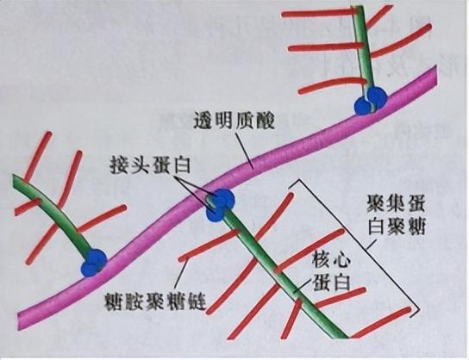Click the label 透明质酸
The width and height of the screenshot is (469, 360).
(234, 121)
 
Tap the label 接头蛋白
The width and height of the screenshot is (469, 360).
(150, 164)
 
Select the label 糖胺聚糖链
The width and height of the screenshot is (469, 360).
(155, 301)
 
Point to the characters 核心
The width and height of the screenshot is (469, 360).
(331, 259)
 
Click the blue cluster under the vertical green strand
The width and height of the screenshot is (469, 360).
(371, 101)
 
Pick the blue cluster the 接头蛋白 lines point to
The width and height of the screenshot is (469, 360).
(220, 205)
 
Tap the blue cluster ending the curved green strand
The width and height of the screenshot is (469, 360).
(94, 263)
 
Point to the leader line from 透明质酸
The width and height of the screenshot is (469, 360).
(244, 150)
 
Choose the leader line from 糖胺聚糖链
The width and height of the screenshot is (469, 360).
(181, 276)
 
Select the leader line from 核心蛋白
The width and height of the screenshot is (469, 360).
(303, 284)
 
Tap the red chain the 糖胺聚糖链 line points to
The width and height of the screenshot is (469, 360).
(209, 245)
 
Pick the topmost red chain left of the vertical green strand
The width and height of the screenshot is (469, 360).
(320, 13)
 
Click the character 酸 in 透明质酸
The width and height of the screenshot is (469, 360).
(265, 121)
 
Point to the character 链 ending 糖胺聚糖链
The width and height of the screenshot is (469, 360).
(197, 301)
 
